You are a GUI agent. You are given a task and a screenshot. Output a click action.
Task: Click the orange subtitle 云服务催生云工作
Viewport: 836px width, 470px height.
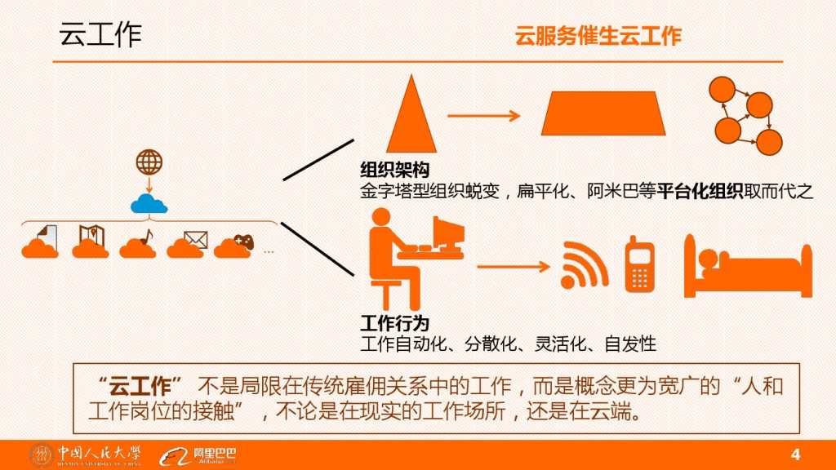click(598, 37)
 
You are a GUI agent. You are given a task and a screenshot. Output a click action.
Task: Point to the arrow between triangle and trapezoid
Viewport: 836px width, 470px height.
click(483, 115)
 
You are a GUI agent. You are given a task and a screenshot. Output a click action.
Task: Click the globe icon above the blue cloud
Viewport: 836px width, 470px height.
click(149, 162)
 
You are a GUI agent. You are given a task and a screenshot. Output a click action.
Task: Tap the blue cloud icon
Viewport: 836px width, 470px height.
click(149, 203)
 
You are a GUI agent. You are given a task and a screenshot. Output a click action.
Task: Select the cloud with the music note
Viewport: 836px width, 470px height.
click(137, 244)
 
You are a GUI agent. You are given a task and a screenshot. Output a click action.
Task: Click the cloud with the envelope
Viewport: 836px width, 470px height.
click(185, 244)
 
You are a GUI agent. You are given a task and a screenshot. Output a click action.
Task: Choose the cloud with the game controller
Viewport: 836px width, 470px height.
click(233, 244)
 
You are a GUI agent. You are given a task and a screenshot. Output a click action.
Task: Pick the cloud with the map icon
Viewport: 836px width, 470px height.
click(90, 243)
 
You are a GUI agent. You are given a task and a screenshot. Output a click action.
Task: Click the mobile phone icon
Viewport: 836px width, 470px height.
click(641, 264)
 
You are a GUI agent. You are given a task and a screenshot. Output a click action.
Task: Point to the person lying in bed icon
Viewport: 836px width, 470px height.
click(748, 265)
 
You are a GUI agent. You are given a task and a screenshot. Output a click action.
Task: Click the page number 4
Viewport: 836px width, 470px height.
click(797, 454)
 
